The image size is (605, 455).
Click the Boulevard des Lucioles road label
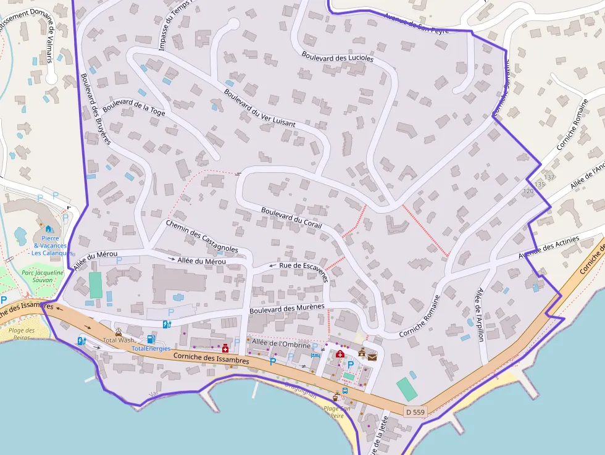(x=338, y=57)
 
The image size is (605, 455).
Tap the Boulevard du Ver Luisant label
(x=259, y=109)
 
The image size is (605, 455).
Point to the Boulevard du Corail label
(x=291, y=217)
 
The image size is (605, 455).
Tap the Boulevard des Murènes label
(x=287, y=308)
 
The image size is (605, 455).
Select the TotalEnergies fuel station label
(x=151, y=349)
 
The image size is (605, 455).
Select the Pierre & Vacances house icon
(x=48, y=229)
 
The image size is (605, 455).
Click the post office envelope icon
(x=372, y=356)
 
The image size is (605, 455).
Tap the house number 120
(x=528, y=191)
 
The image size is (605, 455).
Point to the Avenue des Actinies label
(x=549, y=248)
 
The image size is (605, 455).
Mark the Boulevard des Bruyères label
(x=95, y=109)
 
